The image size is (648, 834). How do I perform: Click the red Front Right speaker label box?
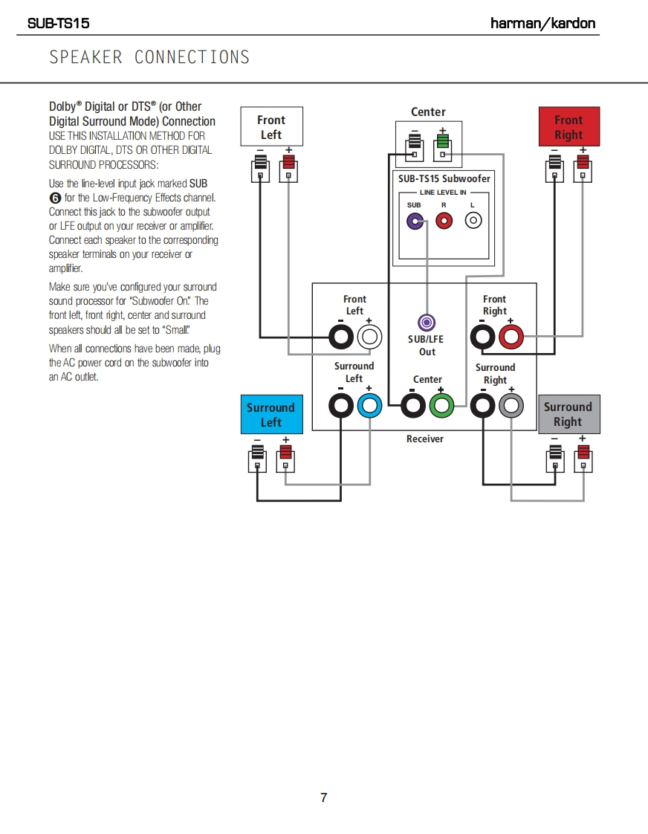click(568, 127)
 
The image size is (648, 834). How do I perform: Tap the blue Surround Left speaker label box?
click(271, 415)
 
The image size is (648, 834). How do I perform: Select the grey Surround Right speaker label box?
click(568, 414)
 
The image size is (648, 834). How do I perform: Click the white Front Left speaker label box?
click(271, 127)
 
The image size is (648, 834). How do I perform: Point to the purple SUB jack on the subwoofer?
click(415, 221)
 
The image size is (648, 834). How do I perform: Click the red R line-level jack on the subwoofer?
click(444, 221)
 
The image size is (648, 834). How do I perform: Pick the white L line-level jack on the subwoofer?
click(473, 221)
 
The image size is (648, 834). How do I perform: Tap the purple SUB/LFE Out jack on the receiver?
click(427, 323)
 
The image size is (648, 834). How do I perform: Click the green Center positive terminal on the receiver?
click(442, 406)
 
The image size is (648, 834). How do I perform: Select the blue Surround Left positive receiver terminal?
click(369, 406)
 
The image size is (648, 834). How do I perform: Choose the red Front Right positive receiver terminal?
click(511, 338)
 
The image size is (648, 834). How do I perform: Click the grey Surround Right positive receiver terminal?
click(511, 406)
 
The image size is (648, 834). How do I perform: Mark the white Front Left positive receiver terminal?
click(369, 338)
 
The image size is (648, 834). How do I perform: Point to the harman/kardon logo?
click(543, 23)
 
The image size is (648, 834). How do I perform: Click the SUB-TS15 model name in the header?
click(58, 23)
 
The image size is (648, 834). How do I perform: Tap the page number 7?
click(324, 798)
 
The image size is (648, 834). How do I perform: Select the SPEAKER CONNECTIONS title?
click(149, 57)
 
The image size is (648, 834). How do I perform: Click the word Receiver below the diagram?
click(424, 439)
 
